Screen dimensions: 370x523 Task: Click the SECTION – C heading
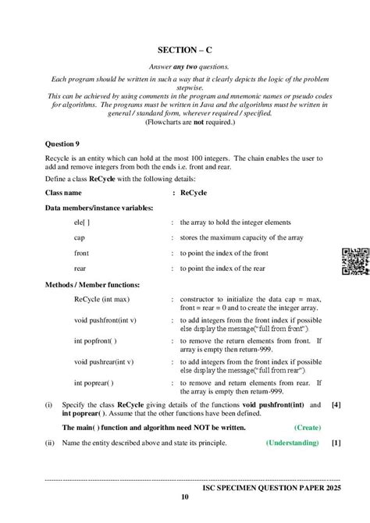[x=184, y=48]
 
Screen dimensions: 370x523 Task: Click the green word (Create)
[x=307, y=429]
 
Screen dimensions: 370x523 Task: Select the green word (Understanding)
[x=292, y=443]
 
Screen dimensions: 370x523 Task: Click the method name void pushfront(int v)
[x=105, y=320]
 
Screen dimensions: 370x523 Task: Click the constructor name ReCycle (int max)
[x=101, y=298]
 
